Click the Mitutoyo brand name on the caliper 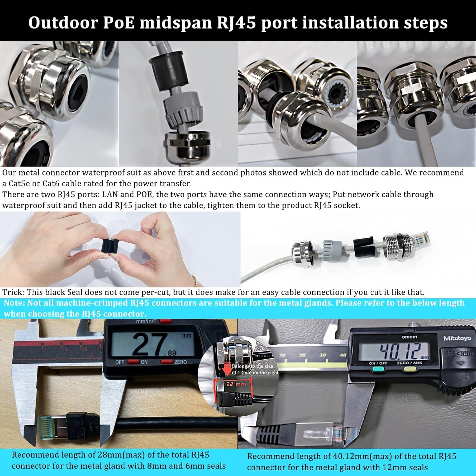click(457, 339)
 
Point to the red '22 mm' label click(234, 384)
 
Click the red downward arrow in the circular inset click(226, 370)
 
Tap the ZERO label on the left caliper click(180, 362)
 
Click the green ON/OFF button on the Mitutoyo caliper click(377, 369)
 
